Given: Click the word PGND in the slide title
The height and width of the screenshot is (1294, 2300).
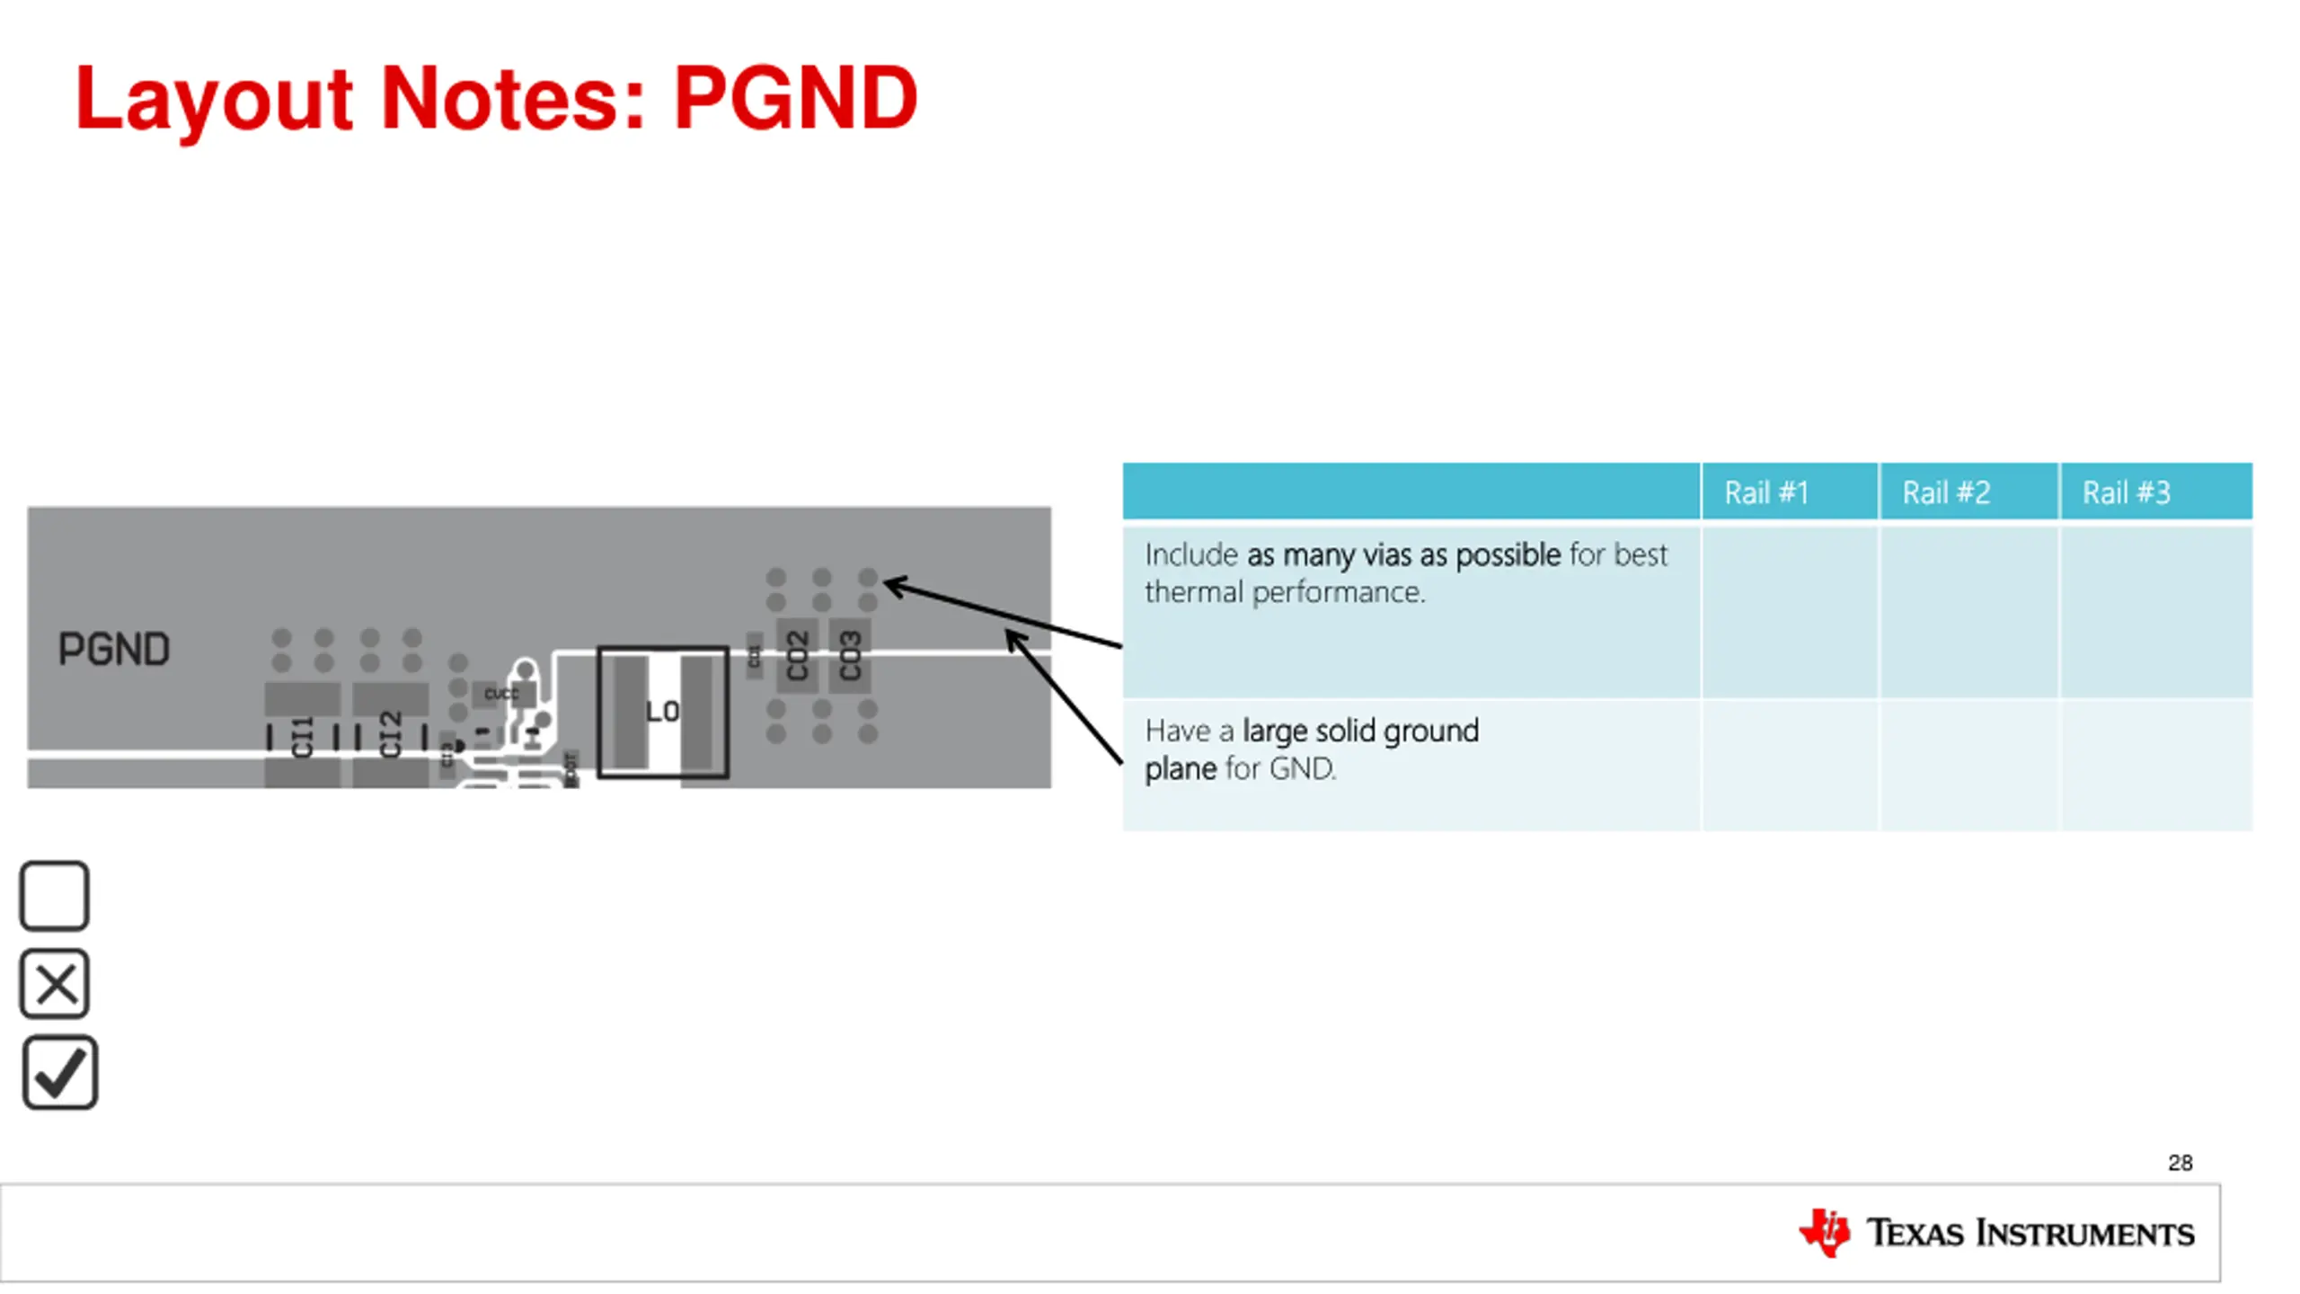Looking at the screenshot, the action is tap(795, 99).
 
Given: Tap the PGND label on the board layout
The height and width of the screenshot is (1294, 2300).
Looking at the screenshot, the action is tap(114, 649).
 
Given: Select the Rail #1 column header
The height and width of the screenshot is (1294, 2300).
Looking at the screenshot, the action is tap(1765, 492).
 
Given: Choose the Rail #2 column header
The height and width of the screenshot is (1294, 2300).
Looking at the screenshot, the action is tap(1946, 492).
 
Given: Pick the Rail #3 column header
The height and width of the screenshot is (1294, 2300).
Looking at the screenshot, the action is tap(2126, 492).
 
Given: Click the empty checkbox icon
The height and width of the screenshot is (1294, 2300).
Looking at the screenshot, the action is tap(54, 895).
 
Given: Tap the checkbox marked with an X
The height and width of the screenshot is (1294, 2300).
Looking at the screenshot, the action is tap(54, 983).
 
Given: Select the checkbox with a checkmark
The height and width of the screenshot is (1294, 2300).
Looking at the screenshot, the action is tap(59, 1073).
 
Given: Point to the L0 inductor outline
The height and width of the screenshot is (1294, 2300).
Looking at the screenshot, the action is tap(663, 712).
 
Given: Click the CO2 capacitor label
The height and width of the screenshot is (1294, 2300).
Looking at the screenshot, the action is tap(797, 656).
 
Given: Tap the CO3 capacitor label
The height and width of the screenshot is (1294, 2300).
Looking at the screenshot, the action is tap(850, 656).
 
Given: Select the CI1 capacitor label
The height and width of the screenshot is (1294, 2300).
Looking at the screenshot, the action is tap(302, 737).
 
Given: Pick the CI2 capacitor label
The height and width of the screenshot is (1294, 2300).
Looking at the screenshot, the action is tap(390, 735).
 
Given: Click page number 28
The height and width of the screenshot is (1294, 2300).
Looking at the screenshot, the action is tap(2180, 1163).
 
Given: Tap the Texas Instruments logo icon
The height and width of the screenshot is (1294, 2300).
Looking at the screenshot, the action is tap(1824, 1233).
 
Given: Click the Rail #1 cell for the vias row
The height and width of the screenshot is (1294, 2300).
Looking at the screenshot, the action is tap(1789, 611).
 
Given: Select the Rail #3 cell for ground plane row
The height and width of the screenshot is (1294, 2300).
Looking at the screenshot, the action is tap(2155, 766).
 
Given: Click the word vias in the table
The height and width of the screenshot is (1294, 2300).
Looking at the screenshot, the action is tap(1387, 555).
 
